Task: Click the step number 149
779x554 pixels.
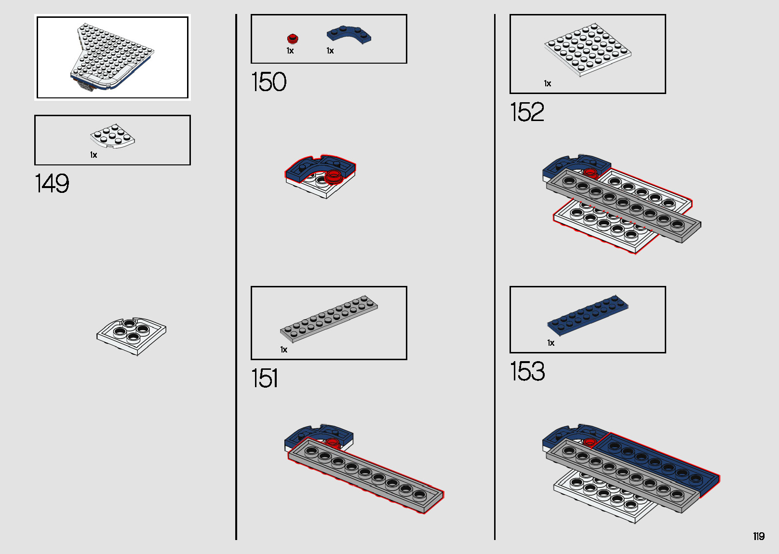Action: click(52, 183)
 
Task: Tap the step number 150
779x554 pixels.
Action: click(269, 82)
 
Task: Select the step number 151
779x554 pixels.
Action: click(264, 378)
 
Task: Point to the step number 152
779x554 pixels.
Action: click(527, 112)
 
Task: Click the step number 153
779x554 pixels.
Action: click(527, 371)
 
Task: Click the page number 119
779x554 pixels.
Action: click(759, 536)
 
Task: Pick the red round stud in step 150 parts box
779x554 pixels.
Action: click(293, 38)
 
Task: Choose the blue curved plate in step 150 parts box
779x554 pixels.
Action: click(349, 35)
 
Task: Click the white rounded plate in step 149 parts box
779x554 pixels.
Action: click(112, 136)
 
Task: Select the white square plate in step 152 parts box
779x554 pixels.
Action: click(588, 50)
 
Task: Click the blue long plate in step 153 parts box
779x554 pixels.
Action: click(588, 315)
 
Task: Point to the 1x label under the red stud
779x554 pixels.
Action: click(290, 51)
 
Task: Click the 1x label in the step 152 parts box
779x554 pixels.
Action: click(548, 83)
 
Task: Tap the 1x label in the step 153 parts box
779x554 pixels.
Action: click(551, 343)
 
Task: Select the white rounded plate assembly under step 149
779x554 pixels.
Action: click(132, 336)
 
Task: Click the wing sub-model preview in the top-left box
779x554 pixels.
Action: click(112, 57)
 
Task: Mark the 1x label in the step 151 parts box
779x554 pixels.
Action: click(284, 350)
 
